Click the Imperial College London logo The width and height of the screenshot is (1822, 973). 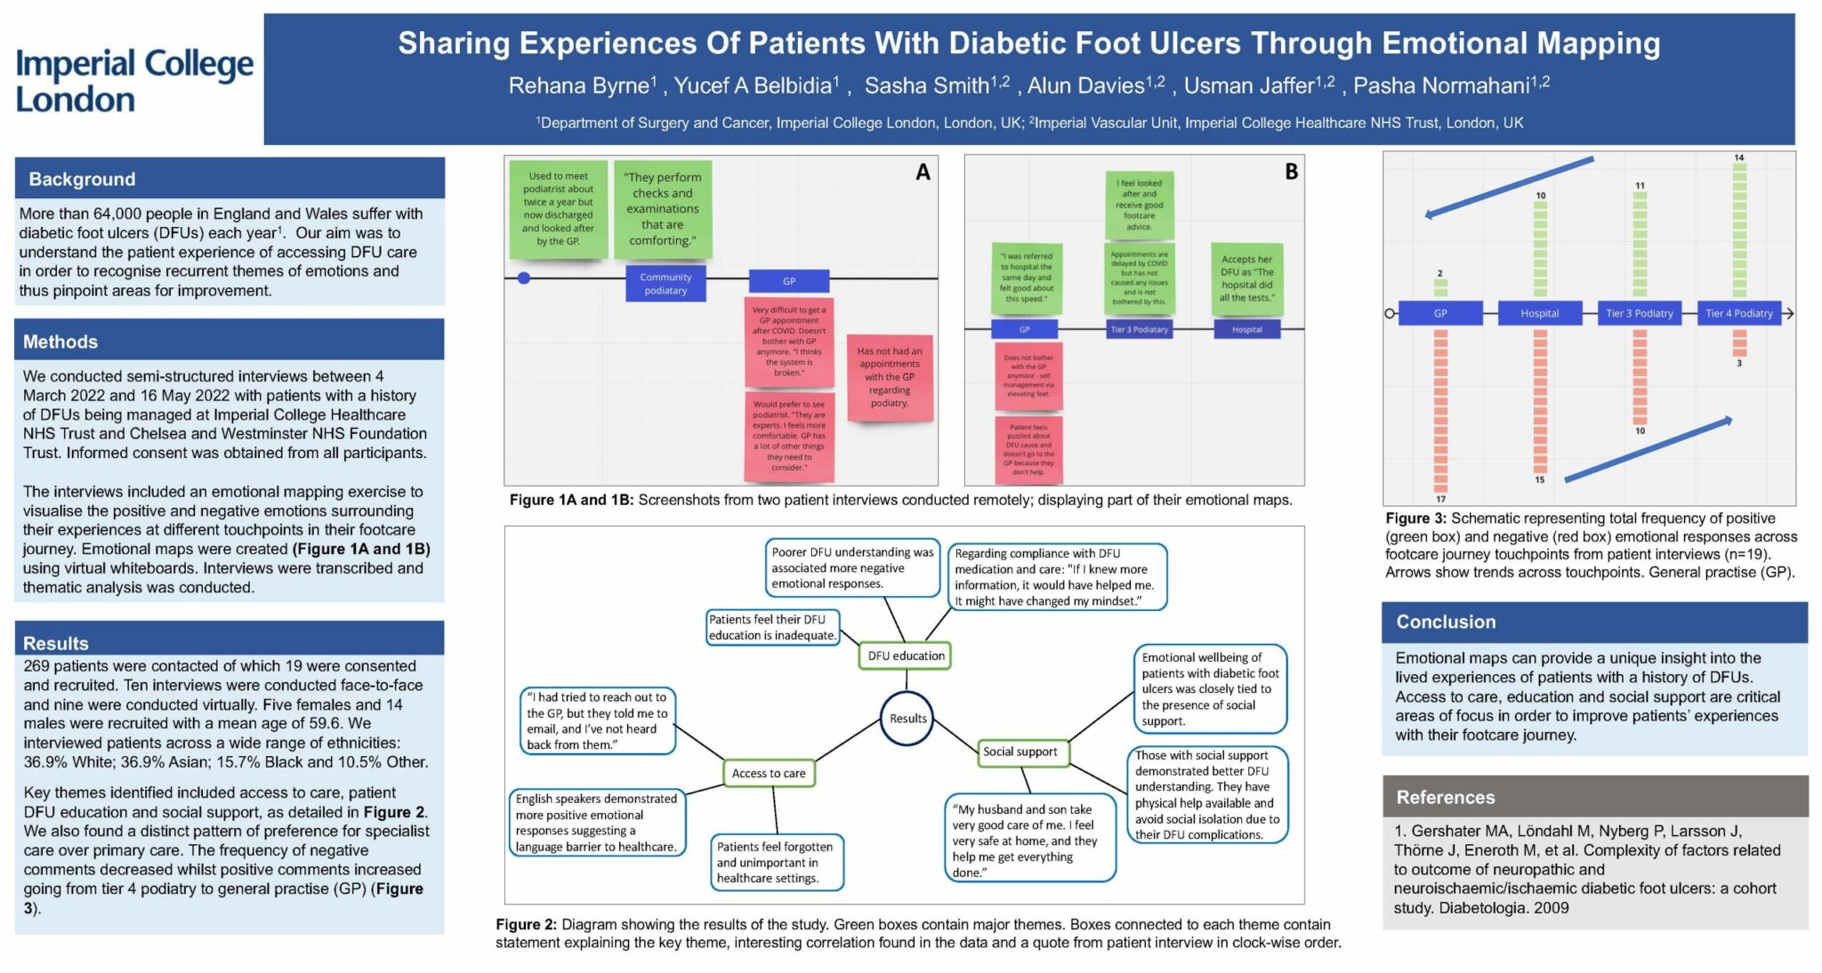point(134,80)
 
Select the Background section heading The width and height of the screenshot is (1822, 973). point(82,179)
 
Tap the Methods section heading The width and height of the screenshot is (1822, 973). point(60,342)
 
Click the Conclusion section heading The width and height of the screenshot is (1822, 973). point(1446,622)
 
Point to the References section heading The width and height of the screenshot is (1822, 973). point(1446,797)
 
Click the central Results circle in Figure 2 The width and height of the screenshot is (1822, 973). point(907,718)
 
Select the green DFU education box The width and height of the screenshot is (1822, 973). point(906,655)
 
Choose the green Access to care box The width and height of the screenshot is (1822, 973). point(768,773)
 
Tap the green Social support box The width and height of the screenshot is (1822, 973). point(1020,752)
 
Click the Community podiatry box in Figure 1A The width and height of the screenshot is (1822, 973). point(665,284)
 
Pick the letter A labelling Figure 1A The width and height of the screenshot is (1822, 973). point(923,173)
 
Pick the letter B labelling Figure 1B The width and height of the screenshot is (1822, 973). point(1291,172)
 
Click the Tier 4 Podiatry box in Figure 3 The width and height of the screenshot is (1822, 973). point(1738,313)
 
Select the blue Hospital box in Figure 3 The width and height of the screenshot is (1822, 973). point(1539,313)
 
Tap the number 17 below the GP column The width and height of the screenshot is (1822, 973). point(1440,499)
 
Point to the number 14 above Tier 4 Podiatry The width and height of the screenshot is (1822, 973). point(1738,157)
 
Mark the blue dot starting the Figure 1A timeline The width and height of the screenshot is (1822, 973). point(524,278)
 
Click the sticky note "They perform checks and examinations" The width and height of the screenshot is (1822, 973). point(663,209)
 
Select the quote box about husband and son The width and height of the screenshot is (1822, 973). point(1028,840)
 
